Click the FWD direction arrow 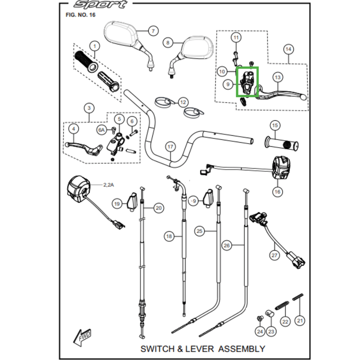coord(82,337)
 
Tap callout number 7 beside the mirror coord(153,31)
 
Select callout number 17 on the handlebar coord(171,147)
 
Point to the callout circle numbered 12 coord(183,102)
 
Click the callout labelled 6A coord(102,130)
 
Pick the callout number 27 coord(274,255)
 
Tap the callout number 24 coord(260,332)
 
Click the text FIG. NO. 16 coord(81,15)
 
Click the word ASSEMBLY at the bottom coord(242,349)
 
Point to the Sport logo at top coord(100,4)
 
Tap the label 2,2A coord(108,185)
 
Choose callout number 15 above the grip coord(275,126)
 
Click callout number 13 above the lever coord(278,77)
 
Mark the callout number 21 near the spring coord(300,320)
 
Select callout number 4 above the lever coord(74,129)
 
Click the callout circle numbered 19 coord(117,204)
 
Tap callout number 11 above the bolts coord(236,37)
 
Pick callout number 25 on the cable coord(199,231)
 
